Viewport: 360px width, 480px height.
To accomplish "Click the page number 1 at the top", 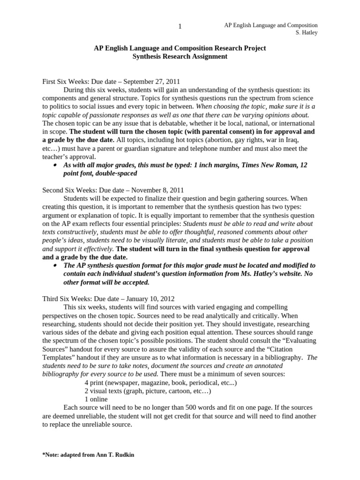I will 180,27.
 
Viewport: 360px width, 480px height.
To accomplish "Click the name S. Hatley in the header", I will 305,33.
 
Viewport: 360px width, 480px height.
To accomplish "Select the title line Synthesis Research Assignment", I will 180,56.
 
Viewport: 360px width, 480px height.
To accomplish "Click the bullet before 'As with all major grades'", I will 55,165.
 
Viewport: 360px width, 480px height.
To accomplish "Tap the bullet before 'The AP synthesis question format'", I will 55,265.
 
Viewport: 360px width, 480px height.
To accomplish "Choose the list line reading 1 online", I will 96,399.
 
